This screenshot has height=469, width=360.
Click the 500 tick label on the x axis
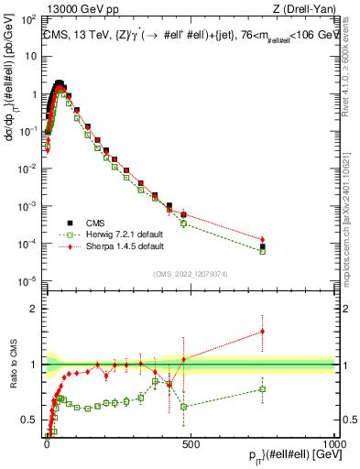[x=190, y=442]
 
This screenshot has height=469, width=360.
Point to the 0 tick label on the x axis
[x=47, y=442]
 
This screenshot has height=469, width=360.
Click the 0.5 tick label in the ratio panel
[x=31, y=420]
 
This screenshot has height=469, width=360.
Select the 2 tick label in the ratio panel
[x=35, y=309]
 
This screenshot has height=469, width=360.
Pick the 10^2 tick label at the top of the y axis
[x=28, y=18]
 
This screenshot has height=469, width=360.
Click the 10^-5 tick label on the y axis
[x=28, y=280]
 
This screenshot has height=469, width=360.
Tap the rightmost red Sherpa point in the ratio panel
[x=263, y=332]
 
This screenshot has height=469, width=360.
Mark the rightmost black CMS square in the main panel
[x=263, y=246]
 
